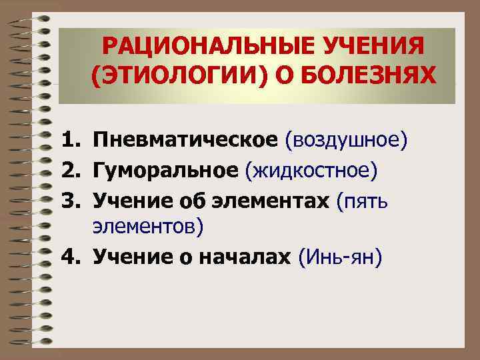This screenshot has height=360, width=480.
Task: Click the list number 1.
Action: pyautogui.click(x=71, y=141)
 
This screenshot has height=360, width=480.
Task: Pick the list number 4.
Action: pyautogui.click(x=71, y=257)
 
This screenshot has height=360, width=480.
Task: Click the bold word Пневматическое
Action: pyautogui.click(x=185, y=141)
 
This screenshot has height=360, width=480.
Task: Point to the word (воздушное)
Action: pyautogui.click(x=345, y=141)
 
